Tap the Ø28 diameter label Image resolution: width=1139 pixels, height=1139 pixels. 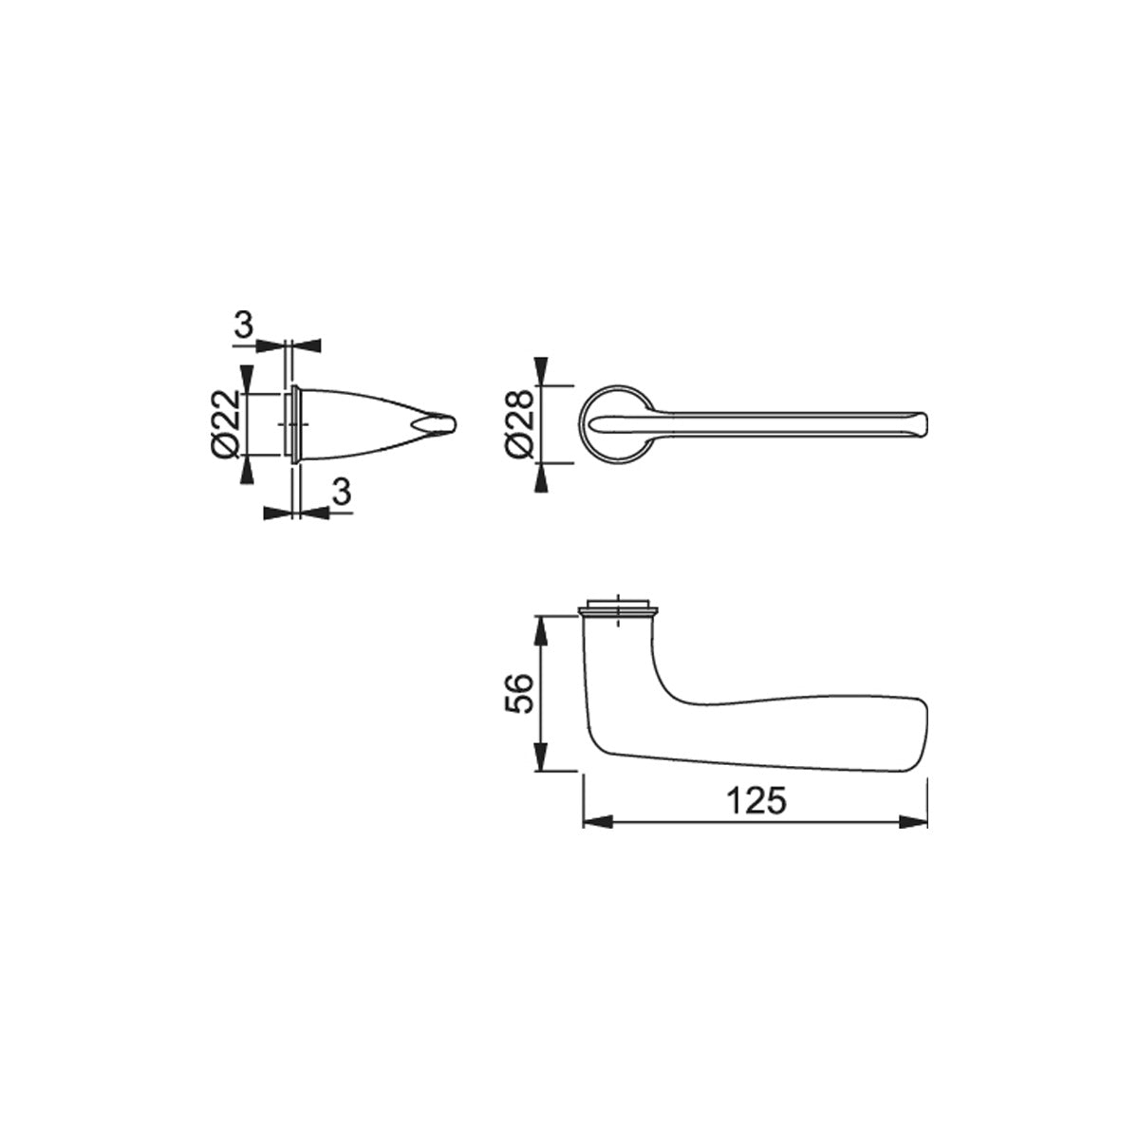point(520,424)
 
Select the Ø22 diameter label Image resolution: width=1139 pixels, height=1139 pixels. point(225,423)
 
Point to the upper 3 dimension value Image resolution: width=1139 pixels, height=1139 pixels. point(243,325)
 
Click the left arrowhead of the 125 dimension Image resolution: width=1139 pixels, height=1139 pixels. point(598,822)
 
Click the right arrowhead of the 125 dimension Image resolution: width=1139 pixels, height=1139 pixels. point(913,822)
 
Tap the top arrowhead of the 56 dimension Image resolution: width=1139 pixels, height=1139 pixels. point(540,630)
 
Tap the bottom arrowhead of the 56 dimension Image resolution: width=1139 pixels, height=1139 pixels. point(540,756)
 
